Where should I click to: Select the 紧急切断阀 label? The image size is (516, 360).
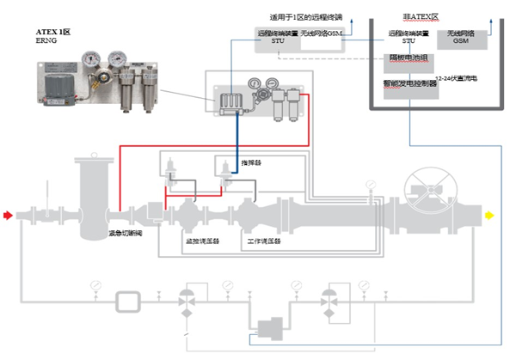point(125,233)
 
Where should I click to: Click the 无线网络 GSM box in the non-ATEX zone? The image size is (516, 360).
point(461,38)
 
